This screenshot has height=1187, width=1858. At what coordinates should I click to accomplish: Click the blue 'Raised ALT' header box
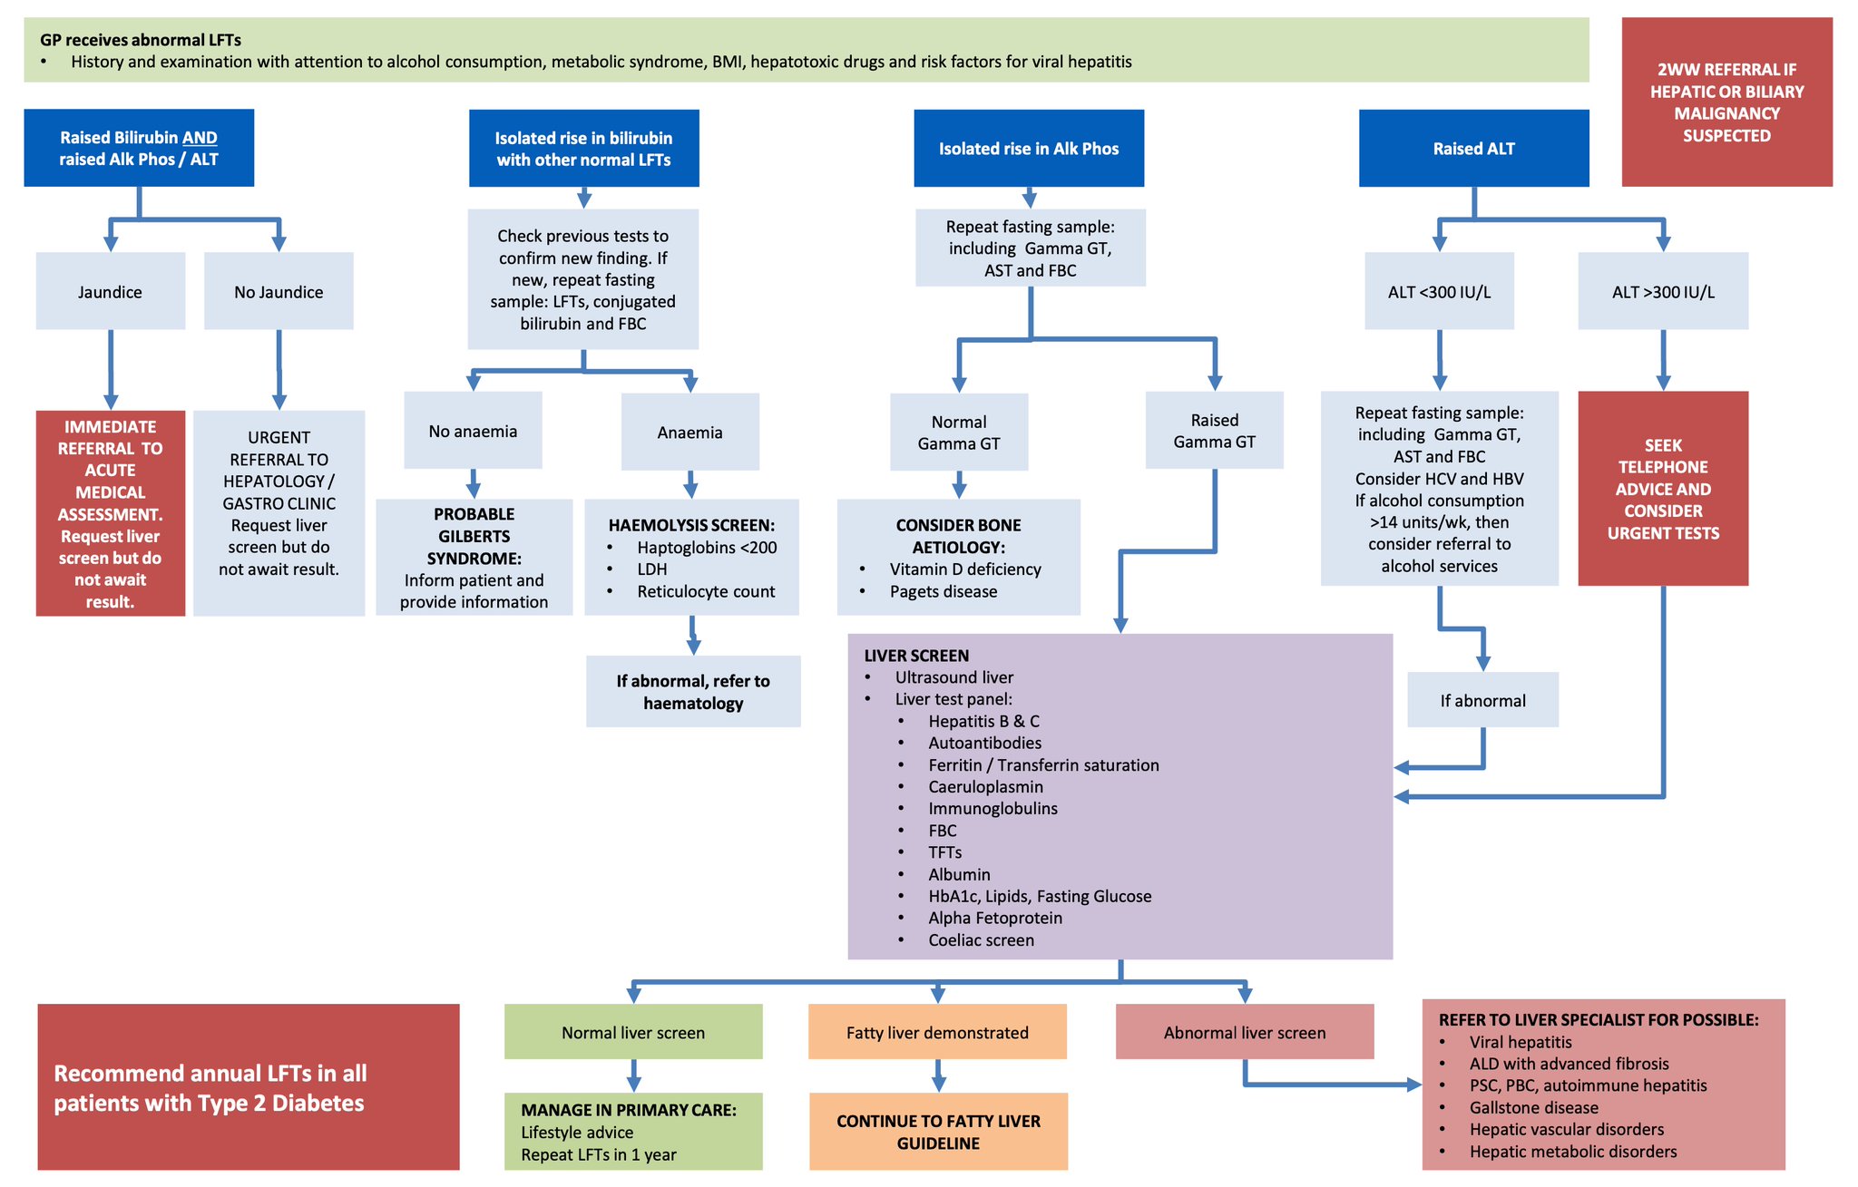pos(1473,149)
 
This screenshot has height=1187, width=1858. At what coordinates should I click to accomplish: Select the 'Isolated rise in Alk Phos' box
pos(1028,149)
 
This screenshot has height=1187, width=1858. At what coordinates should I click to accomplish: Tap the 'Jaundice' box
pos(110,292)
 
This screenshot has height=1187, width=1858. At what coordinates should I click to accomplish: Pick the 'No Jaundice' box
pos(279,292)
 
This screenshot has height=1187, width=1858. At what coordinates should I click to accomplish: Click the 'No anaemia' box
pos(473,432)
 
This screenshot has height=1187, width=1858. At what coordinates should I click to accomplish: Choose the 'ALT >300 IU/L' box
pos(1662,292)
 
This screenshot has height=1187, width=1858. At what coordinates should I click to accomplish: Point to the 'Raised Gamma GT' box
pos(1214,431)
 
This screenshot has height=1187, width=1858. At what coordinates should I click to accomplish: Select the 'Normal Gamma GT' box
pos(958,433)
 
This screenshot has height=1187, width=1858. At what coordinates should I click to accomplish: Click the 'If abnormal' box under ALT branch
pos(1482,700)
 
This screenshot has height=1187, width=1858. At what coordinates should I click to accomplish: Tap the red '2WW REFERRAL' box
pos(1726,102)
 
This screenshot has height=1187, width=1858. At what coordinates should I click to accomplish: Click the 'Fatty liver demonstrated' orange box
pos(937,1032)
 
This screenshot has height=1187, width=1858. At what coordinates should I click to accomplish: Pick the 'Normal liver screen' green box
pos(633,1032)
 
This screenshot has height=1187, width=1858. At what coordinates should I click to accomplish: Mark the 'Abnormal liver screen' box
pos(1244,1032)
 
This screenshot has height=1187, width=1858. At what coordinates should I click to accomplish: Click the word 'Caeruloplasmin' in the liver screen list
pos(985,787)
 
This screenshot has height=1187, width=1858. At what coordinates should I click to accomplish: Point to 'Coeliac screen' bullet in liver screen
pos(981,940)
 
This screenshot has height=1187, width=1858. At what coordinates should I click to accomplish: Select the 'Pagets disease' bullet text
pos(943,591)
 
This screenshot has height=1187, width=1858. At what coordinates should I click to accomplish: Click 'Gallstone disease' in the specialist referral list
pos(1533,1107)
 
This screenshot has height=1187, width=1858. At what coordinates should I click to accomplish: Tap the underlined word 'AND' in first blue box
pos(200,138)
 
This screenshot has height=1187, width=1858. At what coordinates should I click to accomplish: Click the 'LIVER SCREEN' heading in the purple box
pos(916,656)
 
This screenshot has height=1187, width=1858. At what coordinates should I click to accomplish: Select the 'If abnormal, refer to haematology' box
pos(693,692)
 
